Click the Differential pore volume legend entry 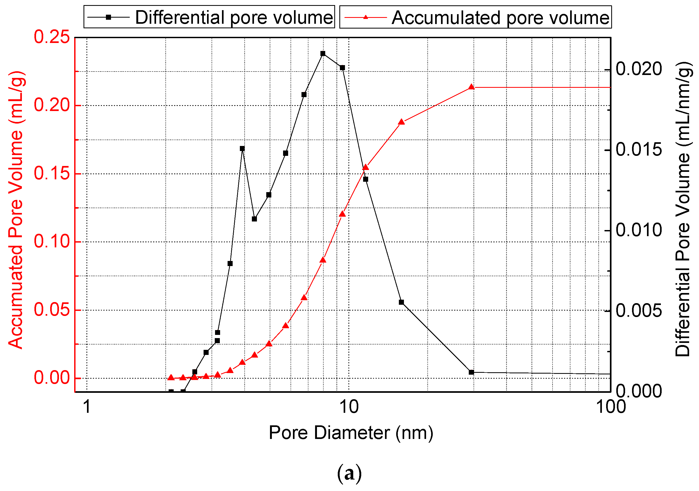[x=209, y=17]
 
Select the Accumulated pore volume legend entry [x=475, y=17]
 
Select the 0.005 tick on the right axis [x=639, y=311]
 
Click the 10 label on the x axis [x=349, y=407]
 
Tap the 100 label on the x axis [x=610, y=407]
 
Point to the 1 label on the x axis [x=87, y=407]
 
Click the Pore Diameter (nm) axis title [x=351, y=433]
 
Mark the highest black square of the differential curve [x=323, y=54]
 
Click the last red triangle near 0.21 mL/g [x=471, y=87]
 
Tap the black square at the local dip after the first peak [x=255, y=219]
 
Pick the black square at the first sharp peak [x=242, y=149]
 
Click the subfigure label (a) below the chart [x=349, y=474]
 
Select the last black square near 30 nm [x=471, y=372]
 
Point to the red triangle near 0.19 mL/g [x=401, y=122]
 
